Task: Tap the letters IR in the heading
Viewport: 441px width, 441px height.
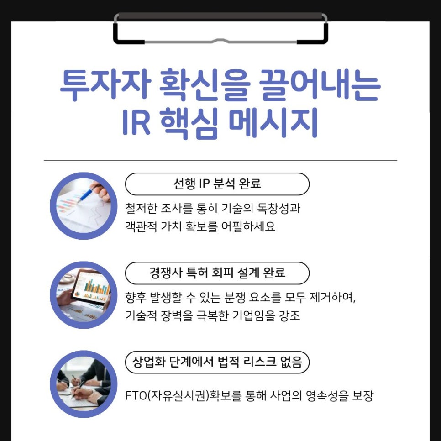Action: [136, 123]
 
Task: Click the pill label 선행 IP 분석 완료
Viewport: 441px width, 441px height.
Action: [217, 184]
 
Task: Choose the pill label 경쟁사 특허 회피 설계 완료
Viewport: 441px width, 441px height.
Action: [217, 273]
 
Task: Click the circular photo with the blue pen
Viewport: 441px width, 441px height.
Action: [83, 206]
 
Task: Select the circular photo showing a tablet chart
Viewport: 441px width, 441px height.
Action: [83, 295]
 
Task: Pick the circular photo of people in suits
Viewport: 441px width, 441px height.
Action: [83, 384]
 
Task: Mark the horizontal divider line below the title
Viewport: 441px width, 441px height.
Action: [220, 160]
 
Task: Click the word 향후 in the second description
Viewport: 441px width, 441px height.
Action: [135, 298]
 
